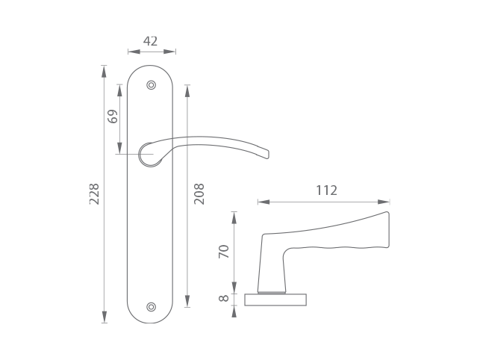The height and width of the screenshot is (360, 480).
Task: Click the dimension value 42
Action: tap(150, 41)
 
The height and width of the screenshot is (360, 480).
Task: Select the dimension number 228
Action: tap(94, 194)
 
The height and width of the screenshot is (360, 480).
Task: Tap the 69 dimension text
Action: tap(113, 116)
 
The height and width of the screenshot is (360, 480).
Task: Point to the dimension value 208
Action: tap(199, 194)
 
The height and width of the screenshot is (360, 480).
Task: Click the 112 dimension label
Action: tap(326, 190)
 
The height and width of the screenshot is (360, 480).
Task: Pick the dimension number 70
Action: tap(224, 251)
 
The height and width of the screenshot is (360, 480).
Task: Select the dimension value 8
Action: tap(224, 298)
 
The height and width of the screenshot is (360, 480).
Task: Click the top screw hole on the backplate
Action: tap(152, 85)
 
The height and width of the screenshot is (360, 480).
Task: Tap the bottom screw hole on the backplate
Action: tap(152, 307)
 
